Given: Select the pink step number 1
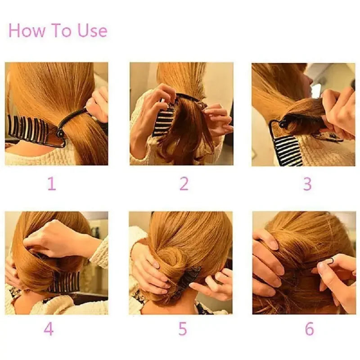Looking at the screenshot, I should (x=52, y=184).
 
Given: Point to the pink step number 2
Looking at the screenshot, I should (x=184, y=184).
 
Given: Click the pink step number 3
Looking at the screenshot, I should (x=307, y=184).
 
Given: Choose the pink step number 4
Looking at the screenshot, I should (x=49, y=329).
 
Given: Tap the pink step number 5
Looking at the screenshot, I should (x=182, y=329).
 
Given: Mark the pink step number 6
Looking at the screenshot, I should (x=309, y=329).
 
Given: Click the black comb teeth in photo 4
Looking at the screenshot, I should (x=63, y=282).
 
